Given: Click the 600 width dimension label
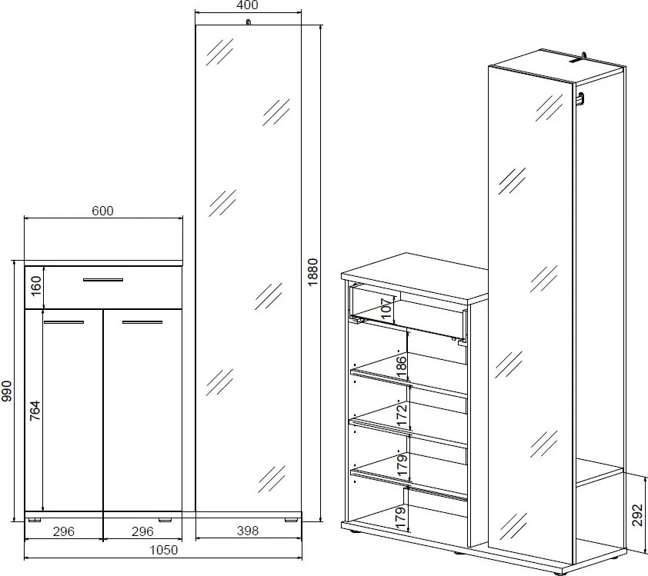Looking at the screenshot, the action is pos(102,211).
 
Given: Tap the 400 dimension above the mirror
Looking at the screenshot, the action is pos(248,5).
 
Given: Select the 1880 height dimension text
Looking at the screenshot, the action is pos(313,272).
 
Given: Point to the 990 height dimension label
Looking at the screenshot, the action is pos(7,391).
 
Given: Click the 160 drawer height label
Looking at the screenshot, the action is pos(36,286).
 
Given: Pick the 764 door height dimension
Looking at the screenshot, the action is pos(35,411).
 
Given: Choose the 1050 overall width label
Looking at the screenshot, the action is pos(164,550).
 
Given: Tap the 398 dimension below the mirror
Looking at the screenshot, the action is pos(248,531).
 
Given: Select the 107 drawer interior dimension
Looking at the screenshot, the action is pos(387,308).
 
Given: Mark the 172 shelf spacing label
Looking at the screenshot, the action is pos(401,416).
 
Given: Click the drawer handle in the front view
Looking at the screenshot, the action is pos(103,280).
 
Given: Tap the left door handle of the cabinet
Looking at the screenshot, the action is pos(64,322).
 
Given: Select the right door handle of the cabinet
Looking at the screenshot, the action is pos(142,322).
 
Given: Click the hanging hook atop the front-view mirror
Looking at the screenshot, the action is pos(248,22).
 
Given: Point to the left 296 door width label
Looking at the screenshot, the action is pos(64,531).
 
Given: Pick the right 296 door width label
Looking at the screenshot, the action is pos(142,531).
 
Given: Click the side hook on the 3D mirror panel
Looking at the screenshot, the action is pos(581,98).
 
